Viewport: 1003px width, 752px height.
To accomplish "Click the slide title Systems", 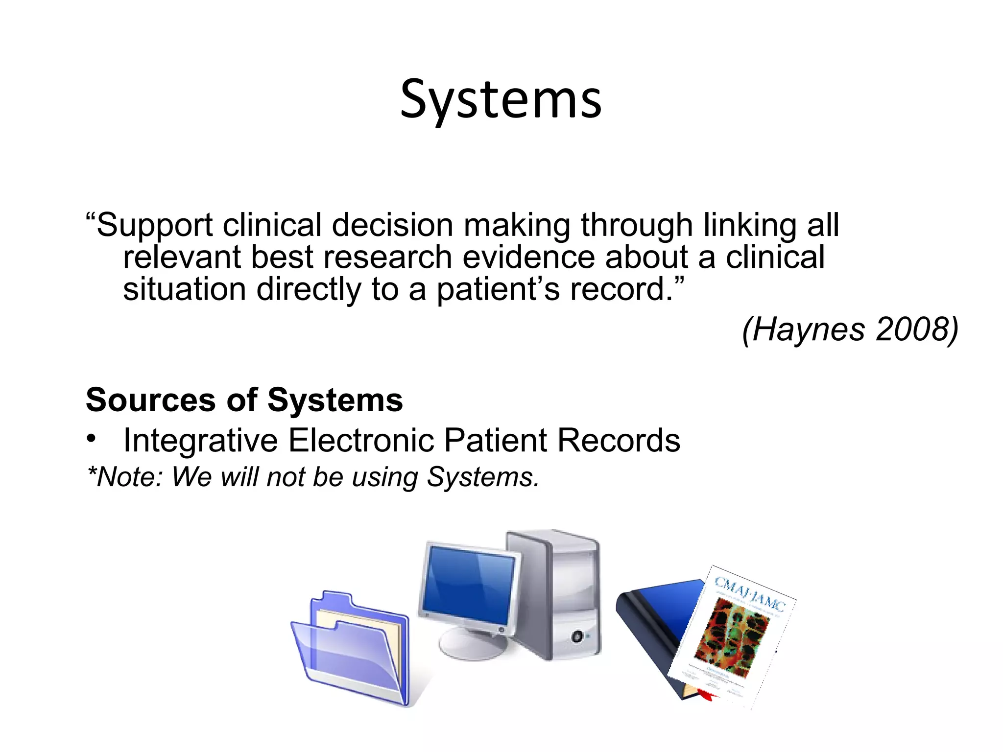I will (x=501, y=100).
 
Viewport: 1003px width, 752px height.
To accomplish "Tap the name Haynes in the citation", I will (x=808, y=329).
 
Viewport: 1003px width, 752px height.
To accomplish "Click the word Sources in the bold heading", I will (x=150, y=400).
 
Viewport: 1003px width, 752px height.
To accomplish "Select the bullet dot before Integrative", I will (x=91, y=439).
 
